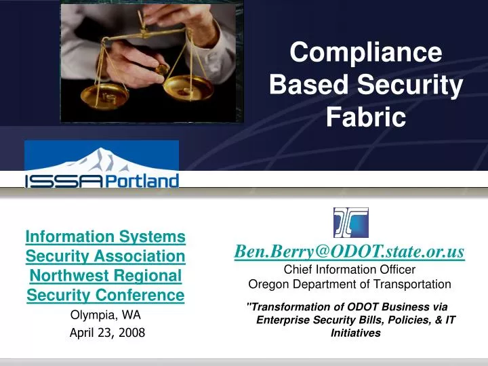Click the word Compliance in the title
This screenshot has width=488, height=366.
tap(366, 53)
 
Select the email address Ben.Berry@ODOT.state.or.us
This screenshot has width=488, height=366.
tap(349, 251)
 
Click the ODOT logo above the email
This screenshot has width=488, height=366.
tap(350, 222)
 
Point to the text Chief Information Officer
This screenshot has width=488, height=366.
tap(349, 270)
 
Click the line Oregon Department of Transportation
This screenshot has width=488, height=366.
tap(349, 284)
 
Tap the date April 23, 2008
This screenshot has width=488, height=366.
tap(107, 332)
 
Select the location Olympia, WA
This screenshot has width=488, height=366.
tap(106, 315)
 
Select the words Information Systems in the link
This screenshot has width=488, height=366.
tap(106, 237)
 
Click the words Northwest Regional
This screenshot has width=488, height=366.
tap(106, 276)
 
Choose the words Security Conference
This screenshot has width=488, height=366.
tap(106, 296)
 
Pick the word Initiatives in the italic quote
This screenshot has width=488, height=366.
tap(355, 333)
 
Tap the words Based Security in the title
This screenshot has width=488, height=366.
tap(366, 85)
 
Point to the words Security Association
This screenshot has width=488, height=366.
tap(106, 256)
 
